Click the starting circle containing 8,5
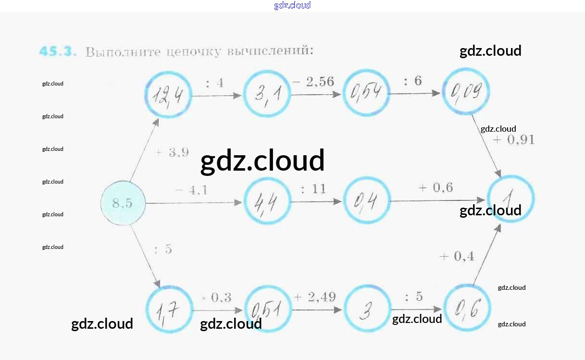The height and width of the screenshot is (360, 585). coord(123,203)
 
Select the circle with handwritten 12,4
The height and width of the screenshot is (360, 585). coord(168,95)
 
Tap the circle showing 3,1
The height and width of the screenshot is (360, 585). coord(267,94)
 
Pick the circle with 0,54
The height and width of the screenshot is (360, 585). coord(366,93)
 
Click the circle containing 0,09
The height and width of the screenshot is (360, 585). coord(466,91)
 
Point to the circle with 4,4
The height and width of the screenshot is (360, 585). coord(267,201)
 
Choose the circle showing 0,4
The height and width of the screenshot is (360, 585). coord(366,200)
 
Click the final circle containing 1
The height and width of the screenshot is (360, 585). coord(510,198)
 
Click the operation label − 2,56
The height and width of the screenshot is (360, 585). coord(313,82)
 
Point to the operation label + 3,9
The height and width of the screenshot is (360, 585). coord(172,153)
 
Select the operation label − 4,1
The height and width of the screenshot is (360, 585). coord(191,190)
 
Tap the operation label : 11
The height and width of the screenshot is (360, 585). coord(313,189)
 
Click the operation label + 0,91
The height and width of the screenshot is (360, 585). coord(513,140)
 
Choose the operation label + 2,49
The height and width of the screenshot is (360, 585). coord(315,297)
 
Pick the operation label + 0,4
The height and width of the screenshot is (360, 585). coord(457,257)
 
